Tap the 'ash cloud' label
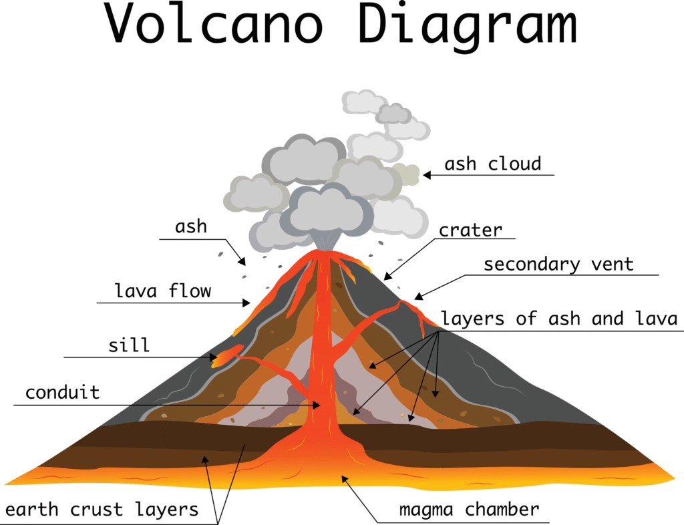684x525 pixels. click(493, 164)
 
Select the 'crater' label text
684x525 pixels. click(470, 230)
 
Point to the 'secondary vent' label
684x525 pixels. click(558, 265)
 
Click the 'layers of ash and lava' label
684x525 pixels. click(559, 319)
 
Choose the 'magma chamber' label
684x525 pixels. click(469, 510)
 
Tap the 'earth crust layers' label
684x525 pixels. click(102, 510)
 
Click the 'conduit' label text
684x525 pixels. click(62, 392)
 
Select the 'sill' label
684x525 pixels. click(129, 346)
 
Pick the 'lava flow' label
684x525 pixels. click(163, 291)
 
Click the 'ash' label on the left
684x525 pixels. click(191, 226)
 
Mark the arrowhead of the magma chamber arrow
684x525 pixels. click(345, 477)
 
